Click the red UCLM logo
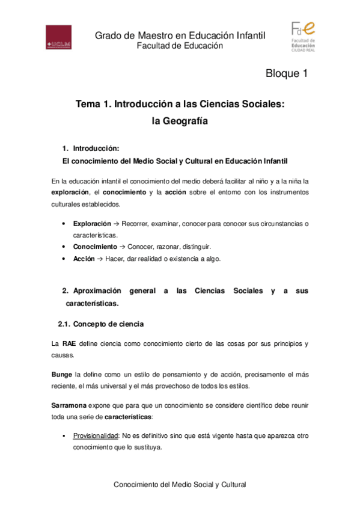pos(59,37)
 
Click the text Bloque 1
pos(287,74)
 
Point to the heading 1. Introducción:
pos(91,149)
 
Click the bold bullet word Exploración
pos(91,224)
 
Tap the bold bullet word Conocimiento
pos(95,247)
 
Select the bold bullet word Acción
pos(84,259)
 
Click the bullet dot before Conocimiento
pos(64,247)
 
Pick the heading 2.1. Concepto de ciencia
pos(100,324)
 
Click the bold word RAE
pos(69,344)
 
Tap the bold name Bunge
pos(62,374)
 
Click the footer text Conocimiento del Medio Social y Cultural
pos(180,484)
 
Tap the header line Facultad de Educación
pos(180,46)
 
